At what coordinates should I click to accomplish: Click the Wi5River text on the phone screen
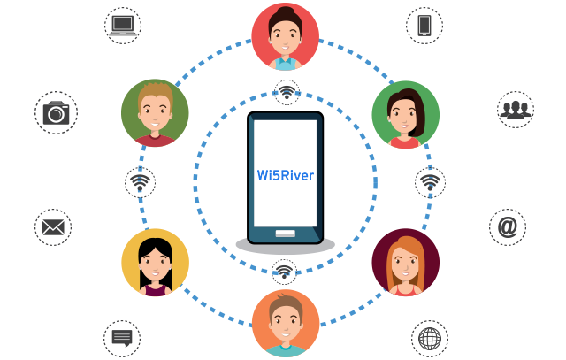(x=285, y=175)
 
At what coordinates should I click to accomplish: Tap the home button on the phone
(x=285, y=234)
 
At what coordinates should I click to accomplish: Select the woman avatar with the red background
(x=285, y=36)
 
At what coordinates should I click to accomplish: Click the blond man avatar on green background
(x=156, y=113)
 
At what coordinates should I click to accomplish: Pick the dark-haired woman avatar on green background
(x=405, y=115)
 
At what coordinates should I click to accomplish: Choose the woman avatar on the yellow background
(x=156, y=262)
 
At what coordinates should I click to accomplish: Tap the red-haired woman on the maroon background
(x=405, y=262)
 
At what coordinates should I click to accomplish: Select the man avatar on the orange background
(x=285, y=323)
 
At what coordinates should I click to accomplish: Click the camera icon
(x=56, y=112)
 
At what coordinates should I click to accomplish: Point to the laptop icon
(x=122, y=25)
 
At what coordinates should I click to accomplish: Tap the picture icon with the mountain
(x=53, y=227)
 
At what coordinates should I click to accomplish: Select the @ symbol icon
(x=507, y=227)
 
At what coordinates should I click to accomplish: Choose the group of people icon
(x=515, y=109)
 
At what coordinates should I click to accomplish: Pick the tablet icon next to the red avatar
(x=424, y=25)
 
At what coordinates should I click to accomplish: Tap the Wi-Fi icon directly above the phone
(x=285, y=89)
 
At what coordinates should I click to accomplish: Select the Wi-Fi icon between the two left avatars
(x=140, y=183)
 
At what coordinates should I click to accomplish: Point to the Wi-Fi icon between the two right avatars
(x=430, y=182)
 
